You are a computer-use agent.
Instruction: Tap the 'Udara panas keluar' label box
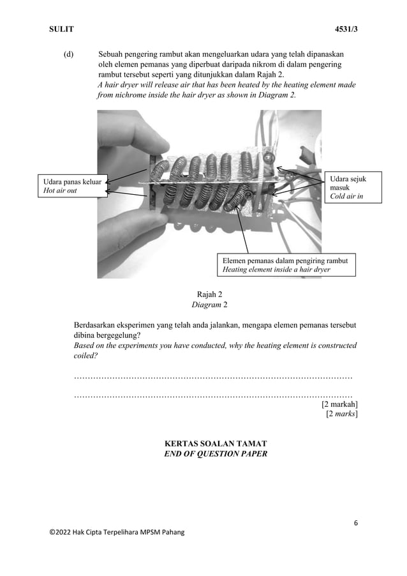coord(70,186)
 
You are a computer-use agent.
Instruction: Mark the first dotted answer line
coord(213,378)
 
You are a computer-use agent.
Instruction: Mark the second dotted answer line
coord(213,396)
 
